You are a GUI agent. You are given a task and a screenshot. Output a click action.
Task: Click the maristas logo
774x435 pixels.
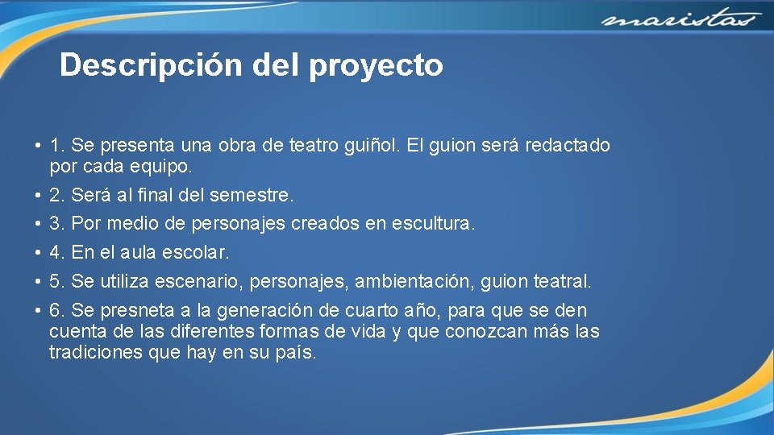(680, 19)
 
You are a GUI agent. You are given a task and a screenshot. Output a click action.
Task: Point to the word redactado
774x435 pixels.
(568, 146)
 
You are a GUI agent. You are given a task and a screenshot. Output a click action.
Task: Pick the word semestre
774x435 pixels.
(257, 195)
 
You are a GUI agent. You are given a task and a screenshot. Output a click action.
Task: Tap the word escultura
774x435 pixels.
(433, 223)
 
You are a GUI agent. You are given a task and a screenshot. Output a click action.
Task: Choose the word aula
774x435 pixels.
(137, 252)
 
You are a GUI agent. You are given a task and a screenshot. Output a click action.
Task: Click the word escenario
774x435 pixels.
(196, 281)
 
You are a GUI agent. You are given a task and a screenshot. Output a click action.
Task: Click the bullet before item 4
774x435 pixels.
(39, 252)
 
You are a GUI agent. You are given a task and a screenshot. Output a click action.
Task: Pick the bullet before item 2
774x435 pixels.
(39, 195)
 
